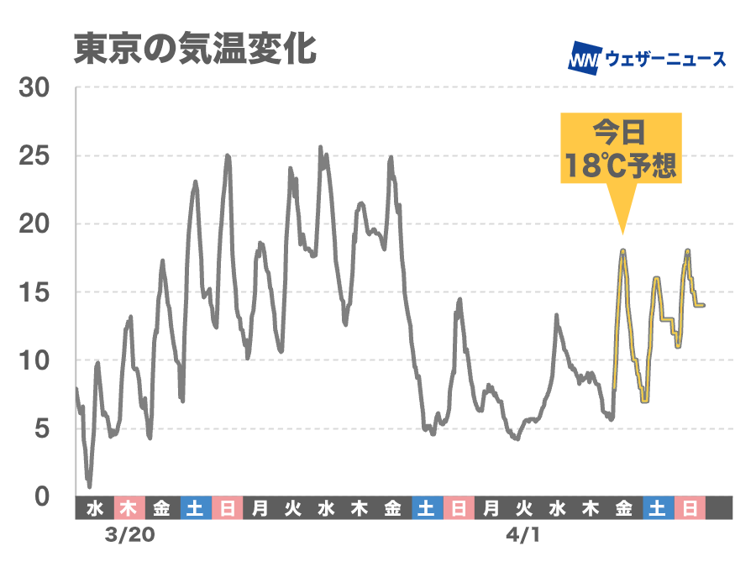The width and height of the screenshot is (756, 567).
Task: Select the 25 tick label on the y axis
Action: tap(34, 156)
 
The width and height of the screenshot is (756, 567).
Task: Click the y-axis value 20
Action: tap(34, 224)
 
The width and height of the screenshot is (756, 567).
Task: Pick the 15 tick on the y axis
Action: tap(34, 292)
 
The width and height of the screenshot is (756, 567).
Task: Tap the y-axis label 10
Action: tap(34, 360)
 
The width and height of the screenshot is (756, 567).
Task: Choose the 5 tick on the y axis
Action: tap(41, 428)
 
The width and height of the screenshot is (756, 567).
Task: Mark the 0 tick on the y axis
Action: tap(41, 496)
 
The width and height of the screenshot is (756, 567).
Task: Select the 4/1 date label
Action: tap(522, 534)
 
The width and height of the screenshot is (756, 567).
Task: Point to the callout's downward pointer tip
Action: tap(622, 234)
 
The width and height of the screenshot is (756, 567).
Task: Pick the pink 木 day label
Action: tap(128, 507)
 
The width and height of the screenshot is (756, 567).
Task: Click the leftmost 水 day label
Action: tap(94, 507)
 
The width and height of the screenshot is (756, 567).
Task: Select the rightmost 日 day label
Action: tap(690, 507)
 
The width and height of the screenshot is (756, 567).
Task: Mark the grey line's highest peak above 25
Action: tap(320, 147)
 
